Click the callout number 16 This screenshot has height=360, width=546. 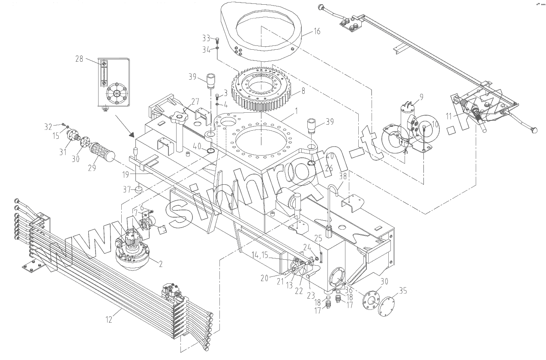(x=317, y=31)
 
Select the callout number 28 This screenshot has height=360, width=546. (x=79, y=59)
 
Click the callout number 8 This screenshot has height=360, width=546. (x=303, y=91)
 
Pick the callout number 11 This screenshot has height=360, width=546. (x=448, y=115)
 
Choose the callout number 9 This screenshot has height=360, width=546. (x=421, y=97)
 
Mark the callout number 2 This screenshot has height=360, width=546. (x=160, y=264)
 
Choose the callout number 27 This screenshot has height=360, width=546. (x=195, y=102)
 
